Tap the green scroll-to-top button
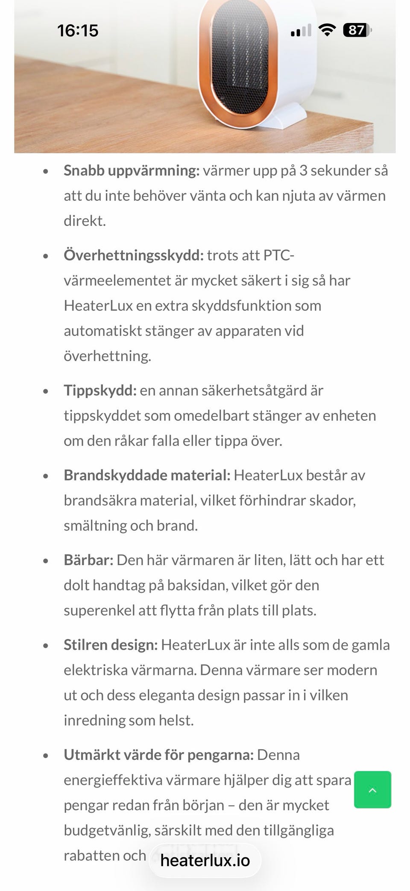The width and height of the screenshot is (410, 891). coord(372,790)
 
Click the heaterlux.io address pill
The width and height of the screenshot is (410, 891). coord(205,860)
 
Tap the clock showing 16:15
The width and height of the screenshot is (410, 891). coord(78,31)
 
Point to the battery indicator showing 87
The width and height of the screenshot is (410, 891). coord(357,30)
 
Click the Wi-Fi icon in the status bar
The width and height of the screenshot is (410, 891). coord(327,30)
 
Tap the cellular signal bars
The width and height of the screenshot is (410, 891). coord(301,31)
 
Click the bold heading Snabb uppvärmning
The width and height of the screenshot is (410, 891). coord(132,170)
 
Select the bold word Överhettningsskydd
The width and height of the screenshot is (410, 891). coord(133,255)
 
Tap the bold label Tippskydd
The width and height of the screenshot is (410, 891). coord(100,390)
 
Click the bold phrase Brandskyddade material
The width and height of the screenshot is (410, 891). coord(147,475)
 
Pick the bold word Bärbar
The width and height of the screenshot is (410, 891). coord(88,560)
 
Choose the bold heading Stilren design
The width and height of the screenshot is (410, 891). coord(111,645)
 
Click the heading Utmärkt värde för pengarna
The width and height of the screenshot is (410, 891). coord(158,755)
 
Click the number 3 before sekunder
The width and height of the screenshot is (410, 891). coord(303,170)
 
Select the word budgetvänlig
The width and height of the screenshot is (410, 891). coord(106,830)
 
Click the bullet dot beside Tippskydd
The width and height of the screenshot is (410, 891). coord(46,391)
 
